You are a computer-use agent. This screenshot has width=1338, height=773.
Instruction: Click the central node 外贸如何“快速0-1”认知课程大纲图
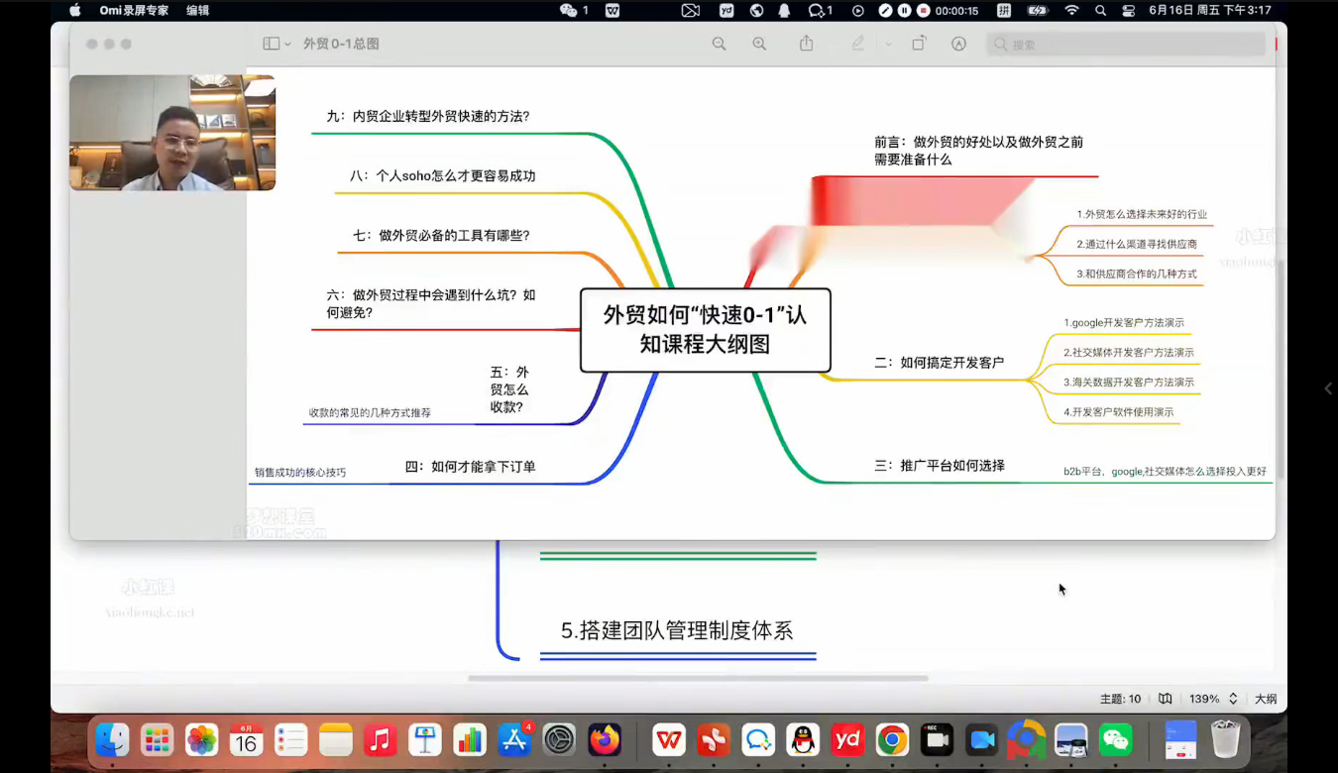coord(705,329)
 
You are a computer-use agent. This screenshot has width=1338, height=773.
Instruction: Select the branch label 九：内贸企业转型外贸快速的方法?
coord(428,116)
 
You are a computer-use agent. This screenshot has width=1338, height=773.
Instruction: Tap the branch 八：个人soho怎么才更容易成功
coord(442,176)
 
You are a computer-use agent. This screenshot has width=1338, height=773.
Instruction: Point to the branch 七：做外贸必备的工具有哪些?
coord(441,236)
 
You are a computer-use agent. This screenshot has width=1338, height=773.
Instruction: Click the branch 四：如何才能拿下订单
coord(470,467)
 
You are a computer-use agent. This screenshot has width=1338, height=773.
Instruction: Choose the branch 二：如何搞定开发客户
coord(939,363)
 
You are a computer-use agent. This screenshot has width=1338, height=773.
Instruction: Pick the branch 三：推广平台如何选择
coord(939,465)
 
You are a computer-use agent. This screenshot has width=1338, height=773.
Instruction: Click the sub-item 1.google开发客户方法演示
coord(1124,323)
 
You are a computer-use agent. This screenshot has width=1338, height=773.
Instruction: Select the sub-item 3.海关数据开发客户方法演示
coord(1129,383)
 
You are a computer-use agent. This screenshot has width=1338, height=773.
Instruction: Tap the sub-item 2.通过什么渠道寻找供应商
coord(1137,244)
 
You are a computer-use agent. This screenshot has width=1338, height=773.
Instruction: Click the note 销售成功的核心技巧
coord(300,473)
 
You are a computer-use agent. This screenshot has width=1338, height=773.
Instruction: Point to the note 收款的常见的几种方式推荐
coord(370,412)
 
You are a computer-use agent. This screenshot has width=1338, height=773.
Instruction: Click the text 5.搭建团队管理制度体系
coord(677,630)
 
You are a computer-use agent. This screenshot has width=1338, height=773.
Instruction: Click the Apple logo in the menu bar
coord(75,11)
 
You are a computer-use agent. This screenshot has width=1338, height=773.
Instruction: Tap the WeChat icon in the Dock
coord(1116,739)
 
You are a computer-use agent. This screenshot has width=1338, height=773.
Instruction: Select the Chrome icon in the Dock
coord(892,739)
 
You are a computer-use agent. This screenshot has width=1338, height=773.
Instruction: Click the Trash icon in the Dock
coord(1226,739)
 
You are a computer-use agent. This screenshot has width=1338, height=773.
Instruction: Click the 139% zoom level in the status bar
coord(1204,699)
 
